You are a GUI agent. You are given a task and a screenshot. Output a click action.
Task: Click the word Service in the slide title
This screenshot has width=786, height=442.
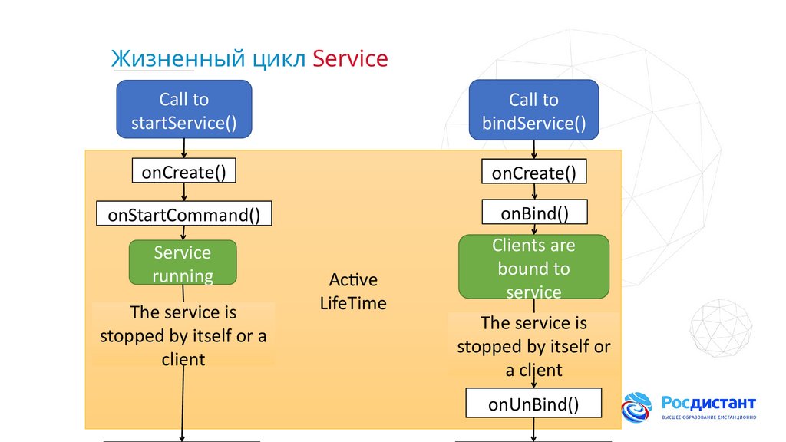tap(350, 58)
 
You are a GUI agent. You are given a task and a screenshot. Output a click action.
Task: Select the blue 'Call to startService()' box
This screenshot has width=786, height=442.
tap(183, 110)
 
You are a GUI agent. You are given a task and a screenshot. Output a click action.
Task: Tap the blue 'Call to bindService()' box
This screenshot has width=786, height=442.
tap(533, 110)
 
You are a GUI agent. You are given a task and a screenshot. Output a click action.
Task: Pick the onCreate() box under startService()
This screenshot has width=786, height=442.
tap(183, 172)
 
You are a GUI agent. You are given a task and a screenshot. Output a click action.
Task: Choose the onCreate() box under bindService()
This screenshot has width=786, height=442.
tap(533, 172)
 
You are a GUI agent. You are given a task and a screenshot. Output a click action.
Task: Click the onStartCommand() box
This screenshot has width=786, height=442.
tap(183, 214)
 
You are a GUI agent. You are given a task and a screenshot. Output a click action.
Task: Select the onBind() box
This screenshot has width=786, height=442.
tap(533, 213)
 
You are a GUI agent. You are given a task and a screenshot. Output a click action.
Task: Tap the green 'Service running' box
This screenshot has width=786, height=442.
tap(183, 263)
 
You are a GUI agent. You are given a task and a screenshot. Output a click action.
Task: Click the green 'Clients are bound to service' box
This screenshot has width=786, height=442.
tap(533, 267)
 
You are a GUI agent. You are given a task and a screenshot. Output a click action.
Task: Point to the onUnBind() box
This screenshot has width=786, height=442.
tap(533, 404)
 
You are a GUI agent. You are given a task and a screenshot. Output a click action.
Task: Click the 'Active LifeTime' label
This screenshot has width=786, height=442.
tap(353, 291)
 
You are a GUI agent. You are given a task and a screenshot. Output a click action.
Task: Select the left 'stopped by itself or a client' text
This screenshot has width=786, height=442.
tap(183, 336)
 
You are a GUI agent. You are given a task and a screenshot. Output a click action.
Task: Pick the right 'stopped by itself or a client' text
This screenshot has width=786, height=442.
tap(533, 346)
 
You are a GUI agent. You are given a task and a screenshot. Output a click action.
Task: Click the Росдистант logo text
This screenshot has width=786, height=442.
tap(708, 403)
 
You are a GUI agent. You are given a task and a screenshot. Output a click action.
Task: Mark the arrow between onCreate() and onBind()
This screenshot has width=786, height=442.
tap(533, 193)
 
